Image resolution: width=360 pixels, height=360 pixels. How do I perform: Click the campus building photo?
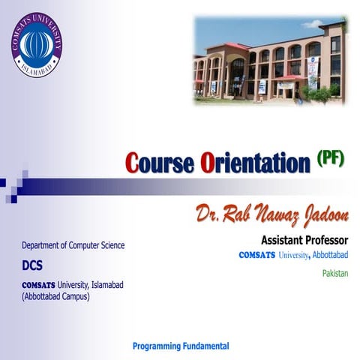(x=268, y=61)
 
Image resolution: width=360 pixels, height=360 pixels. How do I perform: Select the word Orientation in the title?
(x=255, y=163)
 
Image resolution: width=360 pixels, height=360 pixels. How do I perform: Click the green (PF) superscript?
(x=330, y=156)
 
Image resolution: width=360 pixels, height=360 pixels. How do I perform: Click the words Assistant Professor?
(x=304, y=241)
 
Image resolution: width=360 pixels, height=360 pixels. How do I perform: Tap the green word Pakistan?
(x=335, y=273)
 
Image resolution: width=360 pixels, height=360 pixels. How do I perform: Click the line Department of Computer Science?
(x=73, y=245)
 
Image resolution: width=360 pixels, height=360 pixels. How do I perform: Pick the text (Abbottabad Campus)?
(x=55, y=296)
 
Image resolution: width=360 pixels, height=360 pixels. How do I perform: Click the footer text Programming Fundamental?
(x=181, y=346)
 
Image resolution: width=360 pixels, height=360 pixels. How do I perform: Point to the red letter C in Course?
(x=133, y=163)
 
